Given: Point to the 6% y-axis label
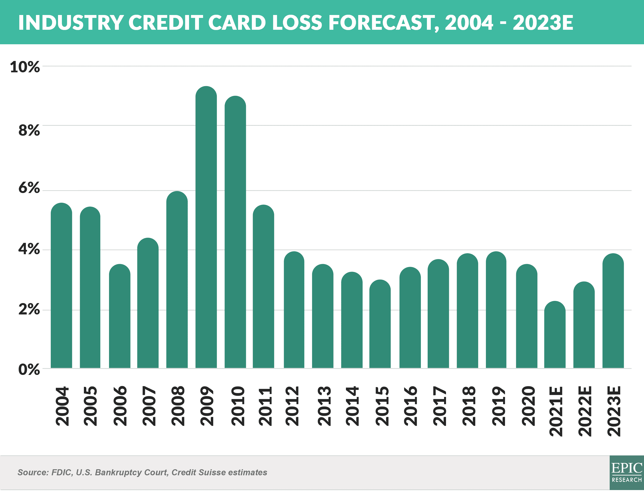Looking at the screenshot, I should [x=29, y=188].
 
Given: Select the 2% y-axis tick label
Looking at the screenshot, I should [x=29, y=310].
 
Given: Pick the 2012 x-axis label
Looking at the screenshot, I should [x=292, y=406].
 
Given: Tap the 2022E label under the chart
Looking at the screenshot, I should [x=585, y=411].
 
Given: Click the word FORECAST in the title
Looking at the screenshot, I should [x=383, y=23].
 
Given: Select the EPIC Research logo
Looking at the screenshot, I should [x=627, y=472].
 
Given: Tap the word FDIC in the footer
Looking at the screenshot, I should [x=62, y=472].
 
